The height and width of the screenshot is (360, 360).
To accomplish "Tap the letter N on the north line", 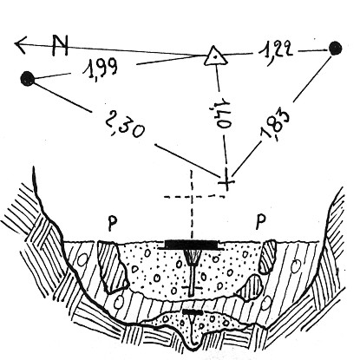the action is [x=60, y=45].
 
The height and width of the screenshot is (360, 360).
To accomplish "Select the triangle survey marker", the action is [x=215, y=56].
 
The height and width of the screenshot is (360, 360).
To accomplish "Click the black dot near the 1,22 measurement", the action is [x=335, y=49].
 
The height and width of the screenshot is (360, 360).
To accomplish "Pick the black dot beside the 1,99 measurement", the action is [x=28, y=78].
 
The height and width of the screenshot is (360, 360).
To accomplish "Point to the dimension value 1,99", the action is [x=100, y=68].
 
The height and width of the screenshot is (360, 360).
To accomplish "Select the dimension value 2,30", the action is [x=124, y=124].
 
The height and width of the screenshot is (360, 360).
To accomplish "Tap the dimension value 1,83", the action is [x=275, y=125].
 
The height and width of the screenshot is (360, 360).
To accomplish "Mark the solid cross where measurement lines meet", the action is [x=226, y=181].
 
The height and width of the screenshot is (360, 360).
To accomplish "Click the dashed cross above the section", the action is [x=192, y=197].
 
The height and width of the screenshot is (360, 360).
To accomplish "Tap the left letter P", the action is [x=113, y=224].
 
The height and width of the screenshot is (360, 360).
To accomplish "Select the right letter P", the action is [x=261, y=222].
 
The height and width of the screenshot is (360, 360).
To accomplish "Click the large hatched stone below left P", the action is [x=113, y=265].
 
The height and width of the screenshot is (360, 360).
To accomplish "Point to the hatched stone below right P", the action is [x=267, y=257].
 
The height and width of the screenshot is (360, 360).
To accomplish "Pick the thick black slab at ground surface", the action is [x=191, y=245].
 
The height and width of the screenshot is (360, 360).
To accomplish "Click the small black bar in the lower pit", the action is [x=192, y=312].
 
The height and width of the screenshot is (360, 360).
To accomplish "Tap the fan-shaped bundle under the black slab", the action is [x=192, y=257].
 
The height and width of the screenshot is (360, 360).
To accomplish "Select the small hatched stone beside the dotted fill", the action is [x=251, y=287].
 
